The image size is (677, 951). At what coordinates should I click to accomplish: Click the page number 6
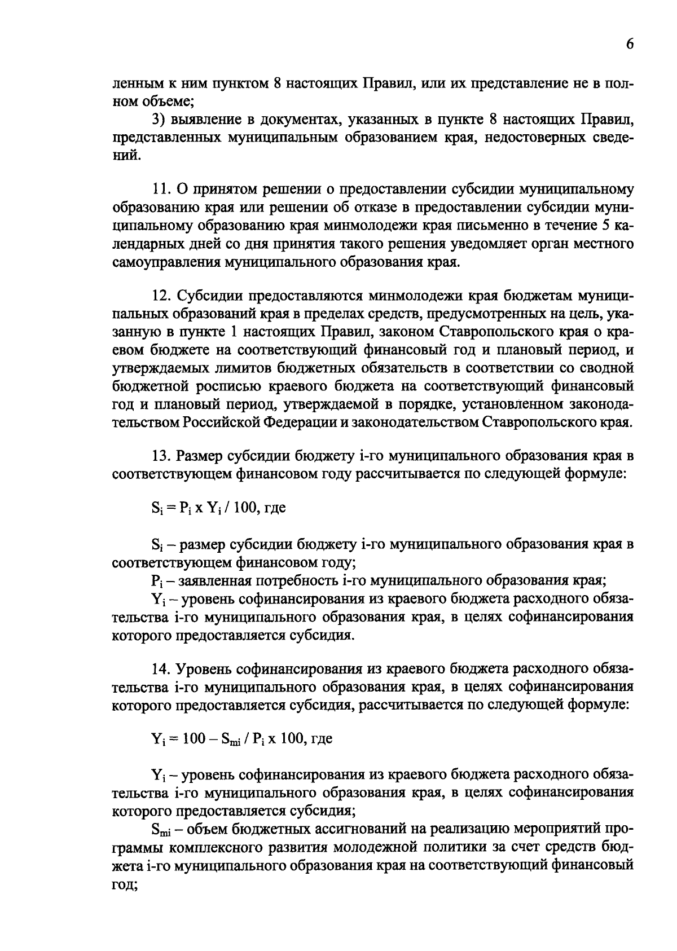click(629, 45)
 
